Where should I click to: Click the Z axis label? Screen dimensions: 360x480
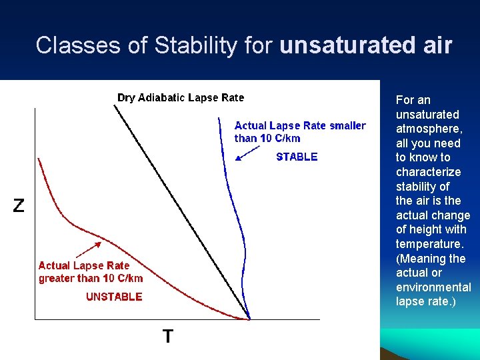click(19, 206)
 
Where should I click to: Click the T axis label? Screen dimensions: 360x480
click(168, 337)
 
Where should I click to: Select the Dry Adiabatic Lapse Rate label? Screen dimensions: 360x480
click(181, 98)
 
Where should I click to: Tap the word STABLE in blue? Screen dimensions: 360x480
click(297, 157)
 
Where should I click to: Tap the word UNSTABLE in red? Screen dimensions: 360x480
click(114, 297)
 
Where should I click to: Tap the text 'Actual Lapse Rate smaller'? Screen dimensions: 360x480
click(300, 125)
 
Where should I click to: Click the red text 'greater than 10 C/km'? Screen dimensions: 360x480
click(91, 279)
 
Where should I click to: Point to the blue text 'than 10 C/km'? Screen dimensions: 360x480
click(267, 139)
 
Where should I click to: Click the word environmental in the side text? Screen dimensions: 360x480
click(433, 287)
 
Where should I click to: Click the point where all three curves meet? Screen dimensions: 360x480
click(249, 319)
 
